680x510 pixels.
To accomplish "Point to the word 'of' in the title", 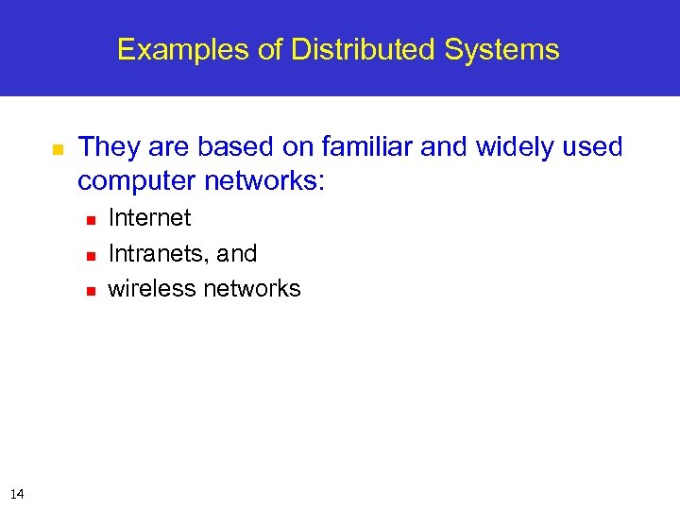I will (x=271, y=49).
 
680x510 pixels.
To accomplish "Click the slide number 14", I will (x=17, y=493).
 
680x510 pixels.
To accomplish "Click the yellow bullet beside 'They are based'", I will (x=57, y=149).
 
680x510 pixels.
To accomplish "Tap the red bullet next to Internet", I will (x=91, y=219).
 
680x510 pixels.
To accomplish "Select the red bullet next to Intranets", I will (x=91, y=255).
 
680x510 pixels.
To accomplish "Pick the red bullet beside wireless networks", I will (x=91, y=291).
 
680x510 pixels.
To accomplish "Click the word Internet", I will (x=149, y=218).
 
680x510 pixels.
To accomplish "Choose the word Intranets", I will (x=156, y=254).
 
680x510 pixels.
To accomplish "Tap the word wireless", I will (x=151, y=289).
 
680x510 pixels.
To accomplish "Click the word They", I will (x=107, y=147).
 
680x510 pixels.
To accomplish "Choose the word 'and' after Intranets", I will (x=237, y=254).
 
